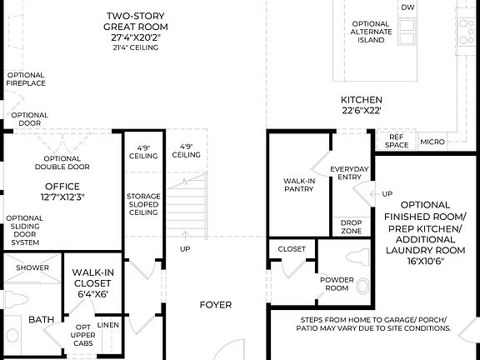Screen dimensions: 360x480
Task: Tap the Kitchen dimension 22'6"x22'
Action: [x=362, y=111]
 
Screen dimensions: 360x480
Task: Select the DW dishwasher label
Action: [x=407, y=7]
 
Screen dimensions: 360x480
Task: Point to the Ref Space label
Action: [x=397, y=141]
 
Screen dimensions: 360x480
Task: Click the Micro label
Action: [x=432, y=142]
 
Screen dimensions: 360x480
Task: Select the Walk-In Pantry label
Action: [x=297, y=184]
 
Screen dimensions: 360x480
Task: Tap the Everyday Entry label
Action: [x=349, y=173]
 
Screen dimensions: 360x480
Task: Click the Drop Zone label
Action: [x=352, y=226]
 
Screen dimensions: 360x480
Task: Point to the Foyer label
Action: [x=215, y=305]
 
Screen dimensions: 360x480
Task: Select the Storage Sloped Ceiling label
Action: [x=142, y=204]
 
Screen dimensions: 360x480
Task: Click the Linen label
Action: [x=108, y=324]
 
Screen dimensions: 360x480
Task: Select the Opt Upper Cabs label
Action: [x=82, y=334]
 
